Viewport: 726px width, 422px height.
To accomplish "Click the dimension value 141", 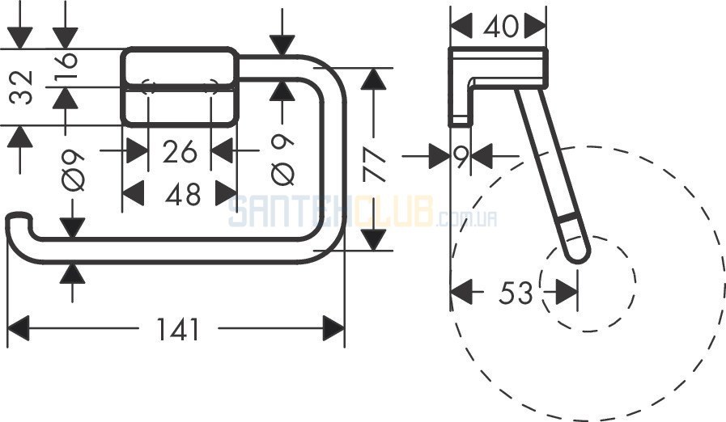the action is tap(178, 329).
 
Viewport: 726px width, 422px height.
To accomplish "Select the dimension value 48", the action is tap(184, 194).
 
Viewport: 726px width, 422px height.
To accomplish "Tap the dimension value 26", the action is tap(180, 151).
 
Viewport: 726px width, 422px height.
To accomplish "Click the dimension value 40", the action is tap(501, 27).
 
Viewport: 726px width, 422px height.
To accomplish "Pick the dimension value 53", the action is tap(516, 293).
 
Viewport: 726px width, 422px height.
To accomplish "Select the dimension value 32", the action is tap(22, 87).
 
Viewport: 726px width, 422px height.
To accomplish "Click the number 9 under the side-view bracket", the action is tap(461, 157).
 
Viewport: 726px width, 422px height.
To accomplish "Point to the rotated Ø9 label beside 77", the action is tap(282, 159).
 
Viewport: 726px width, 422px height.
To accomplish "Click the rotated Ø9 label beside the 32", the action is tap(73, 170).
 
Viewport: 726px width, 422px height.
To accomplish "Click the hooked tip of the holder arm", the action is tap(18, 217).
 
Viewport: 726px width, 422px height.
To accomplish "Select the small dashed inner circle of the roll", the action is tap(588, 284).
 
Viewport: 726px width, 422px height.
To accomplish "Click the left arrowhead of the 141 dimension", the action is tap(19, 328).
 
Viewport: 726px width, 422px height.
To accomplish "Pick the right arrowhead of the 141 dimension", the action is tap(333, 328).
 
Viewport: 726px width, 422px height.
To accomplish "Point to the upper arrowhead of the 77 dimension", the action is tap(374, 79).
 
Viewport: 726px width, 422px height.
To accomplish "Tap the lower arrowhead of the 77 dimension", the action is tap(374, 239).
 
